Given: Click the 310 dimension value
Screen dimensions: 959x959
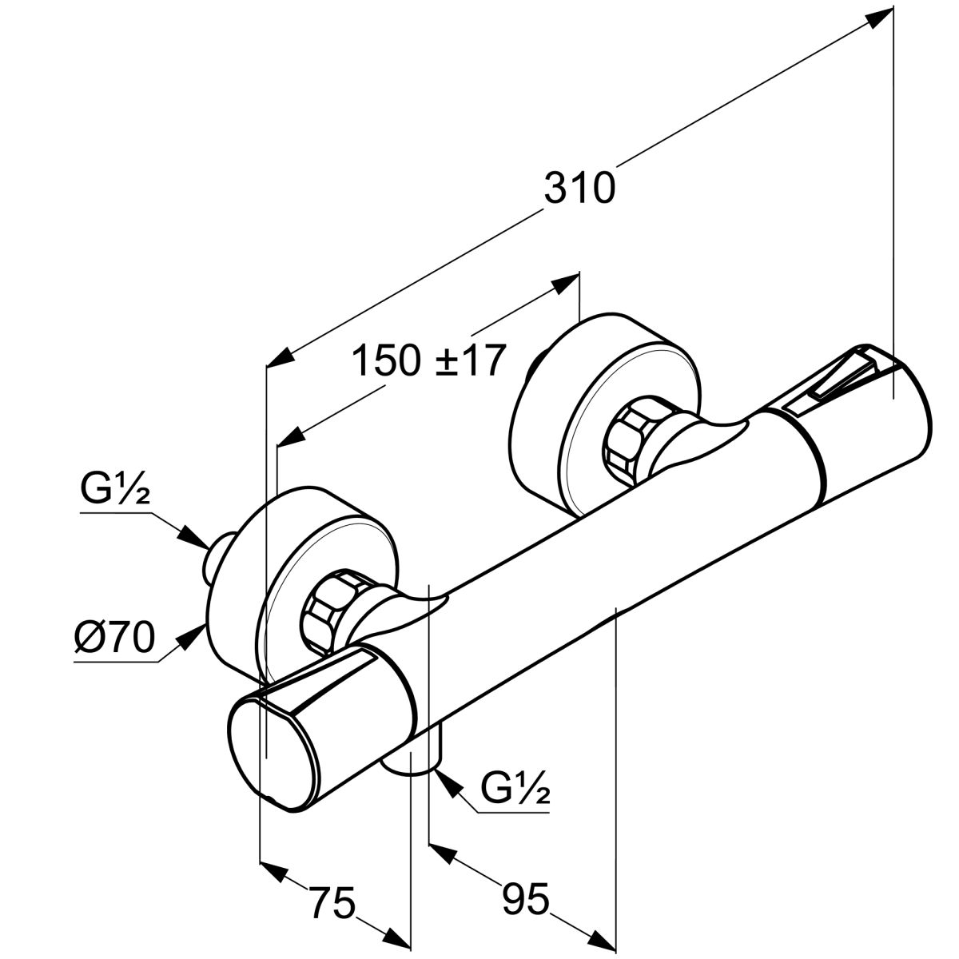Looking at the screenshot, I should tap(579, 189).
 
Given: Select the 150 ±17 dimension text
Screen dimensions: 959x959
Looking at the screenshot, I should tap(429, 361).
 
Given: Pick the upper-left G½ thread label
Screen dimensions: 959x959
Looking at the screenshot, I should tap(115, 489).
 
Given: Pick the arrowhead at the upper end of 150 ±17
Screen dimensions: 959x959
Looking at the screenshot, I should tap(567, 282).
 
